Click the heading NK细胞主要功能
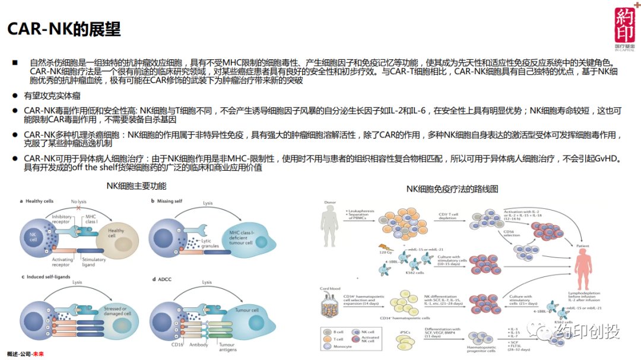pos(136,186)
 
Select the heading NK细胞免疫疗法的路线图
pos(452,189)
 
